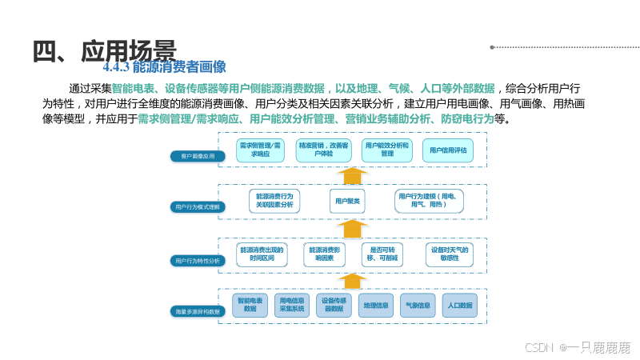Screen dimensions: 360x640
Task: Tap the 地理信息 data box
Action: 376,306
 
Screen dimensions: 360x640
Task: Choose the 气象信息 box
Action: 418,306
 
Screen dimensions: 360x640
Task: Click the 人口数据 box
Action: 460,306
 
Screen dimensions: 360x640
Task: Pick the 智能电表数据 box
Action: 250,306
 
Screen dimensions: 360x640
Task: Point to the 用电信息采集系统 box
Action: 292,306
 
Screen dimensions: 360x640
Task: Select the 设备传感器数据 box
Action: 334,306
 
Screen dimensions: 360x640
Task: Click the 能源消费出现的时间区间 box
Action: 262,254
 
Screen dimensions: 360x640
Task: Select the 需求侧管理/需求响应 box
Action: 261,150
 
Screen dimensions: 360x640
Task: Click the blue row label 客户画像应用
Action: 192,157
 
